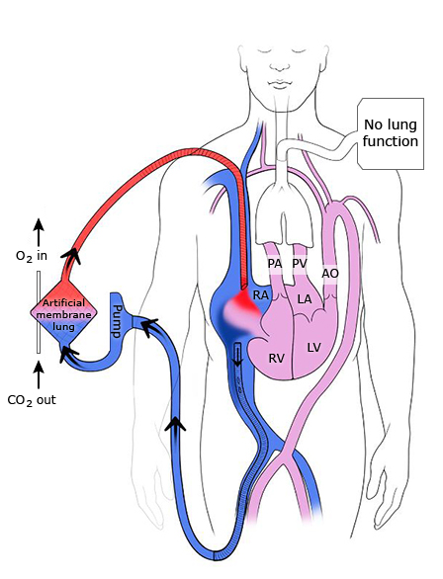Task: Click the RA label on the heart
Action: click(x=260, y=295)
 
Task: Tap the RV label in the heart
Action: click(x=276, y=358)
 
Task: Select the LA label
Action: click(x=305, y=298)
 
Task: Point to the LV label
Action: click(x=313, y=347)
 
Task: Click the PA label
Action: click(x=275, y=264)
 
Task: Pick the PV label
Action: click(x=300, y=264)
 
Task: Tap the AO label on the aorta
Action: click(x=330, y=274)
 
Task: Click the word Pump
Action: click(x=118, y=321)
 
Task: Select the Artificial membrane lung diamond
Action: click(x=64, y=313)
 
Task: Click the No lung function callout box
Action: click(x=391, y=133)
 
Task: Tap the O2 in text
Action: click(x=32, y=256)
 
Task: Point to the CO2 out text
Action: click(x=32, y=400)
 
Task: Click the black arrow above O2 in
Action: click(x=39, y=232)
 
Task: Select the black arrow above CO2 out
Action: click(x=39, y=374)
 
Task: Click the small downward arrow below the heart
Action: click(x=237, y=358)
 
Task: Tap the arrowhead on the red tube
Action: click(x=71, y=255)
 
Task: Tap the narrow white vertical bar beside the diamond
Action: click(x=39, y=312)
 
